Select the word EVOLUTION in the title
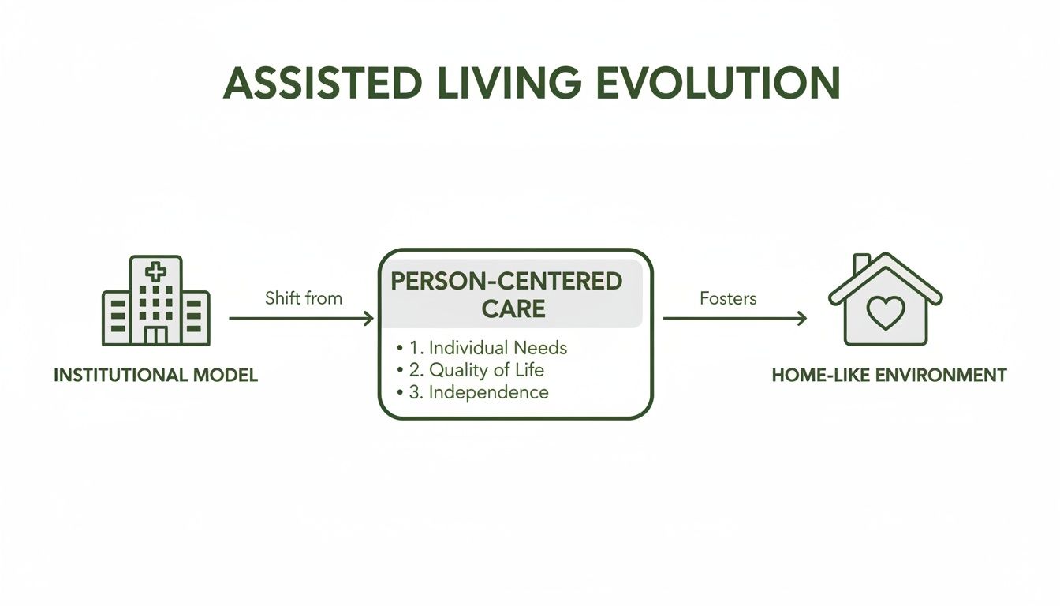[x=718, y=83]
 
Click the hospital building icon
[x=156, y=301]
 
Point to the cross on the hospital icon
[x=156, y=273]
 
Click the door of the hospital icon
[x=156, y=335]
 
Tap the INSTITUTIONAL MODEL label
[x=155, y=376]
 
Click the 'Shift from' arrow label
[x=304, y=298]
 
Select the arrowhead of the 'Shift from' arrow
[x=369, y=319]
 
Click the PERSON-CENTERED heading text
[x=506, y=281]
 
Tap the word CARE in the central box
[x=513, y=309]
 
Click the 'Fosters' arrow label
[x=728, y=298]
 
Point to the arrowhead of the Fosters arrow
[x=802, y=319]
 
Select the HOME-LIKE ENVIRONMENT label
[x=889, y=376]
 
